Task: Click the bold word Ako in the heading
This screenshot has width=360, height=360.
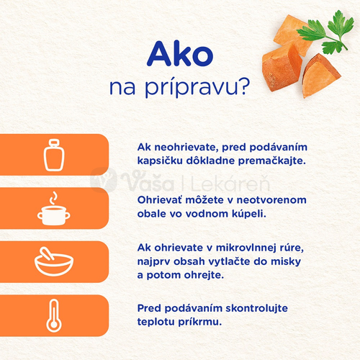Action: (179, 55)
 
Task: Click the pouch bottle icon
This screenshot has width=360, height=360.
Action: (55, 153)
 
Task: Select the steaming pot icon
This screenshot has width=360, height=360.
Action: (55, 209)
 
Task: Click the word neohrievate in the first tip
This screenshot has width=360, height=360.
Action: (183, 146)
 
